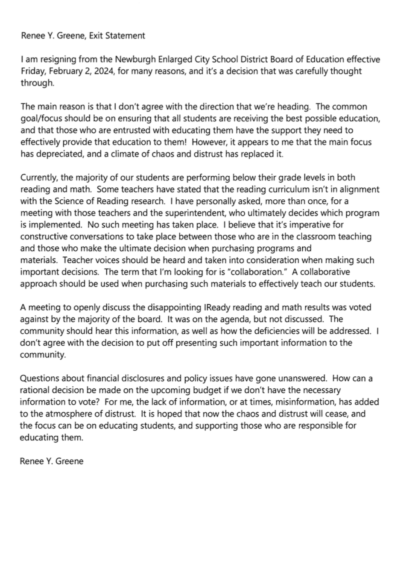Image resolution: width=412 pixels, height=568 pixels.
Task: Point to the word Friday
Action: pyautogui.click(x=32, y=71)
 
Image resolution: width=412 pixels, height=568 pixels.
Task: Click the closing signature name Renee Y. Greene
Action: pyautogui.click(x=52, y=461)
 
